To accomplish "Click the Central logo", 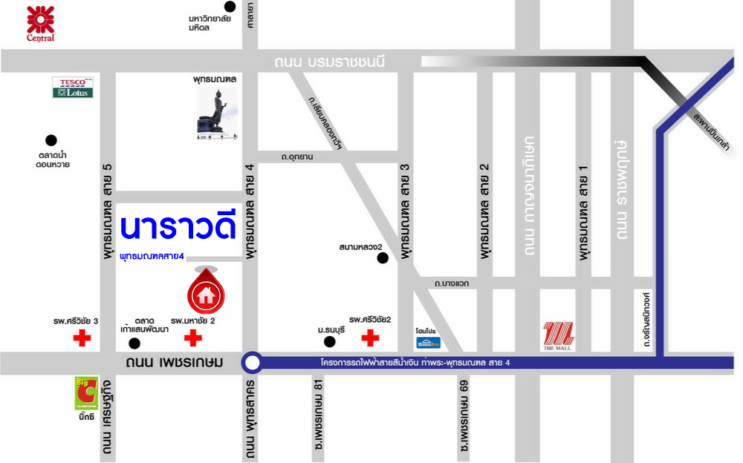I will tap(40, 23).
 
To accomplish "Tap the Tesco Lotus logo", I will tap(73, 88).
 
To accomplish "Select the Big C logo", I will tap(86, 393).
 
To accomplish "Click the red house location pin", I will tap(206, 292).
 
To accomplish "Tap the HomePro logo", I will tap(429, 343).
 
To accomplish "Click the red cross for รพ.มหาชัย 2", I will tap(193, 339).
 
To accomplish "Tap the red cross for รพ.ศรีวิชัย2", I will tap(369, 339).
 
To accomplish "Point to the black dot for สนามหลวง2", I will tap(383, 258).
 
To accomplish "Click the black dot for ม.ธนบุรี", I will tap(329, 342).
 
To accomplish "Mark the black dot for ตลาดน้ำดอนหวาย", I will tap(51, 139).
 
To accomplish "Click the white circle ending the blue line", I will tap(253, 363).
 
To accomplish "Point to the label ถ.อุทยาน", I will tap(297, 157).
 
